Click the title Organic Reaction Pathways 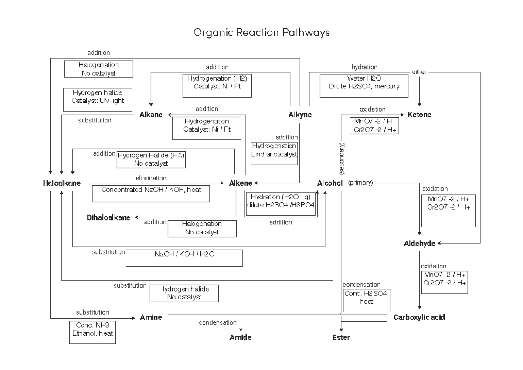pyautogui.click(x=261, y=33)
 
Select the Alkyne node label pyautogui.click(x=300, y=115)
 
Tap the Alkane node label pyautogui.click(x=151, y=115)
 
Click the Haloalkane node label pyautogui.click(x=61, y=183)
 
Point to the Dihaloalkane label pyautogui.click(x=109, y=217)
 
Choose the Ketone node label pyautogui.click(x=419, y=115)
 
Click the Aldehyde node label pyautogui.click(x=419, y=244)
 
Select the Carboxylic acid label pyautogui.click(x=419, y=318)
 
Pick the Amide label pyautogui.click(x=241, y=337)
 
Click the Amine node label pyautogui.click(x=151, y=318)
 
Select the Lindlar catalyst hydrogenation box pyautogui.click(x=274, y=153)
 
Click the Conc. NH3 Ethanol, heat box pyautogui.click(x=93, y=333)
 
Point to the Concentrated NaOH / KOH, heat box pyautogui.click(x=151, y=193)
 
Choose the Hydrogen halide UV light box pyautogui.click(x=98, y=97)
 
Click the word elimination pyautogui.click(x=151, y=178)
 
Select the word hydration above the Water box pyautogui.click(x=364, y=67)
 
